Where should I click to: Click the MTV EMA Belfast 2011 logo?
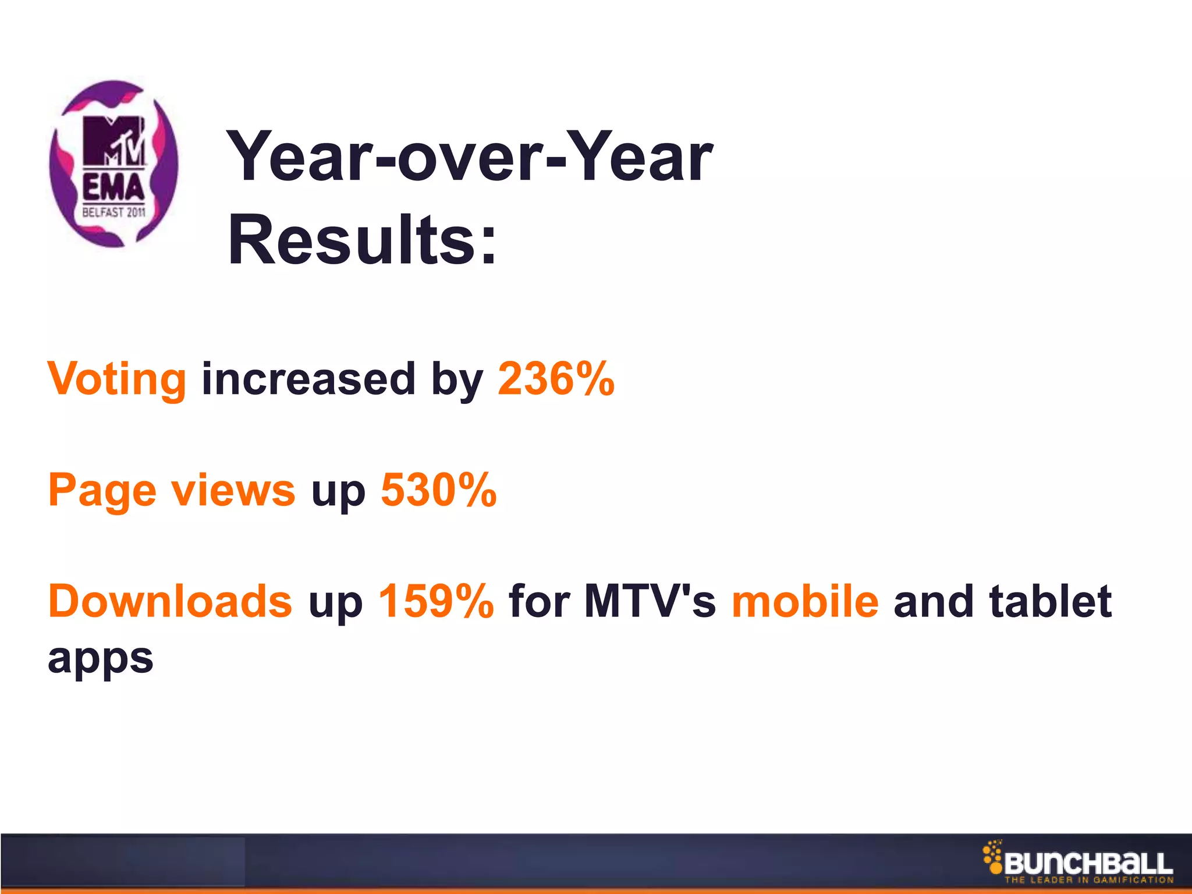[x=113, y=164]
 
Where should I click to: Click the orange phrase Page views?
[x=172, y=491]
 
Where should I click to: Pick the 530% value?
[x=438, y=491]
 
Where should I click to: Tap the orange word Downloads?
[x=170, y=601]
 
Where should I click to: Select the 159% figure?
[x=436, y=601]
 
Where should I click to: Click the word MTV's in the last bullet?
[x=650, y=601]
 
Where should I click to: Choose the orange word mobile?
[x=805, y=601]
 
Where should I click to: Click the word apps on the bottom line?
[x=101, y=659]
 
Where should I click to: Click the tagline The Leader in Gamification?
[x=1088, y=880]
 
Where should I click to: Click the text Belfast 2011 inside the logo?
[x=113, y=212]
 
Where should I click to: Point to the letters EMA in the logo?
[x=113, y=188]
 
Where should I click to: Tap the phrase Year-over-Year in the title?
[x=469, y=156]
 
